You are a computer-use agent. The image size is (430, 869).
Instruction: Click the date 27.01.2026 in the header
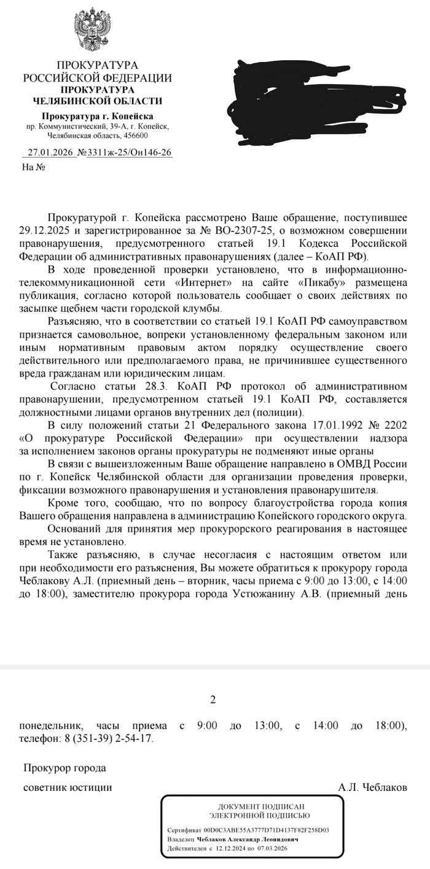(49, 152)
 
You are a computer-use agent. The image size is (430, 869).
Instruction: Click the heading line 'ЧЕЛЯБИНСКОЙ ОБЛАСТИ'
(97, 101)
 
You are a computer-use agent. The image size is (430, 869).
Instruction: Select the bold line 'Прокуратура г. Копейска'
(97, 116)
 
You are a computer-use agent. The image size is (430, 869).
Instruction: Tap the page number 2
(213, 699)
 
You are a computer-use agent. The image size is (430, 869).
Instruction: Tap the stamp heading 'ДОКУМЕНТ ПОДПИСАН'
(253, 806)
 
